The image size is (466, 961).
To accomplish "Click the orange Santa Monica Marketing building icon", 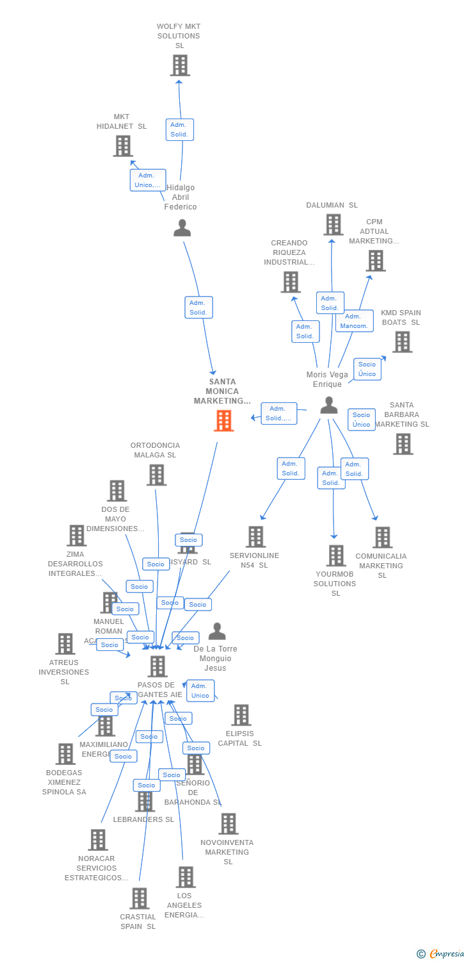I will (224, 421).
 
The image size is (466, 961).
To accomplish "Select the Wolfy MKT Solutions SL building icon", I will (180, 65).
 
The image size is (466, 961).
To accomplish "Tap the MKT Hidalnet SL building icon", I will (123, 146).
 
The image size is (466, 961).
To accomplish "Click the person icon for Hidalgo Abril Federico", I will (182, 228).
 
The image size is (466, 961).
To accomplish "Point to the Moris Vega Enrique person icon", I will (329, 405).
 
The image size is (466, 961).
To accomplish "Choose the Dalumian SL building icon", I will (333, 225).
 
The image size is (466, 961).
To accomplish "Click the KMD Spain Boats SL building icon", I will (402, 342).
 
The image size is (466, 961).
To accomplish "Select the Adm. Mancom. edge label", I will (354, 321).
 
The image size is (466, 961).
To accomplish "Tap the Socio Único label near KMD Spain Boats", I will (367, 369).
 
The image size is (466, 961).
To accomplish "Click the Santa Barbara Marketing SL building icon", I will (403, 444).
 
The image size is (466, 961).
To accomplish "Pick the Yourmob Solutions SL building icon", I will (336, 556).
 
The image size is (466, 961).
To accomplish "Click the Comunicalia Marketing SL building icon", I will (382, 538).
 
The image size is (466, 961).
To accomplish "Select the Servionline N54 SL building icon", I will (255, 537).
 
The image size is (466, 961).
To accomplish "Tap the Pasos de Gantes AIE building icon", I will (157, 666).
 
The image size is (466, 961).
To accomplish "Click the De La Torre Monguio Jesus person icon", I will (217, 632).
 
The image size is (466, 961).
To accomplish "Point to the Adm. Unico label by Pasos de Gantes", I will (200, 691).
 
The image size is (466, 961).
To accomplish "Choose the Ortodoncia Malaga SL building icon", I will (156, 475).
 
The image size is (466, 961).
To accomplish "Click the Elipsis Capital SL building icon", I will (241, 715).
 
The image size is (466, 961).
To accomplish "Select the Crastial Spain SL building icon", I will (140, 898).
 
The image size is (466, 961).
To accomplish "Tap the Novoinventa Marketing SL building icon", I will (228, 824).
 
